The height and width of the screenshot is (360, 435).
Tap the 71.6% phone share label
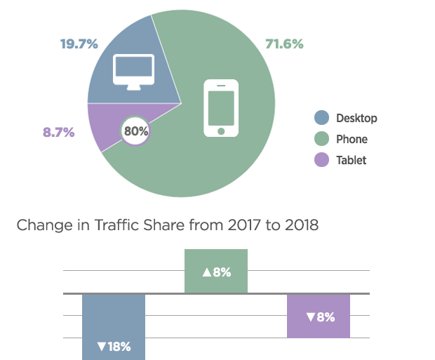[284, 44]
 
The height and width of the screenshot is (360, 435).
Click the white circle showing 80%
[136, 131]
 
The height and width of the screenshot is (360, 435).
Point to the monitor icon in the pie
[134, 71]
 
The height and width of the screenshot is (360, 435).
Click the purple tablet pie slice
[104, 126]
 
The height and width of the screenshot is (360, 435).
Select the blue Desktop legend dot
[322, 118]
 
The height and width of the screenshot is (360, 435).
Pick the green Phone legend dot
[322, 139]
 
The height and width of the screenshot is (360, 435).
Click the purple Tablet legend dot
[322, 160]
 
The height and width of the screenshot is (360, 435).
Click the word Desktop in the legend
[356, 118]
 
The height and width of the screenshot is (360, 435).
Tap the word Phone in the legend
[352, 139]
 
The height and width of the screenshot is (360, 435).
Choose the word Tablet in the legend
[351, 160]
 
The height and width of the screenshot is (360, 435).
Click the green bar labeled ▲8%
[216, 271]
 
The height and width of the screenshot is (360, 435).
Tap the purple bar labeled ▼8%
[319, 316]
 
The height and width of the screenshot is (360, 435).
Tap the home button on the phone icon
[221, 131]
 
